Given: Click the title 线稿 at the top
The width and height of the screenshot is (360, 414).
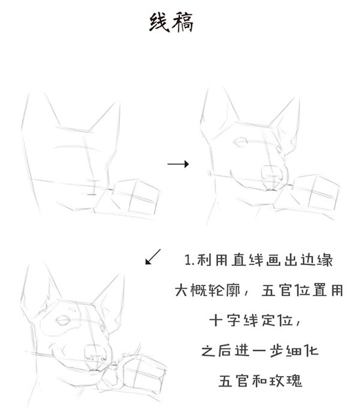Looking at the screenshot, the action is click(171, 23).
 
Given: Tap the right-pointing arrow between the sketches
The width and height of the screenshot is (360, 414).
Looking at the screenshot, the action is click(178, 164).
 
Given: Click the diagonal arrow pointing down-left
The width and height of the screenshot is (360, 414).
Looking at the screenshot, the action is click(153, 257).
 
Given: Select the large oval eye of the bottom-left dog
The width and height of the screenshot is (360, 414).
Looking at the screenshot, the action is click(63, 320).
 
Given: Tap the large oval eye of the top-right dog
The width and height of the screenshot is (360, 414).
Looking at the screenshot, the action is click(241, 142).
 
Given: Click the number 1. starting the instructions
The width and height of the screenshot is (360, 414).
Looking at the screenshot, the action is click(190, 260).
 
